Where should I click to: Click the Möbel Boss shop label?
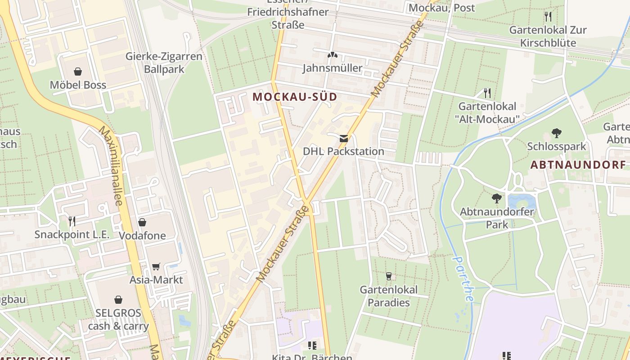78,85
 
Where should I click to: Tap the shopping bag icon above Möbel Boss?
78,72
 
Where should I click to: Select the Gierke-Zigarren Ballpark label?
164,63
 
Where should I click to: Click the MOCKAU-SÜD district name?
295,97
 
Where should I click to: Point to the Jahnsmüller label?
332,68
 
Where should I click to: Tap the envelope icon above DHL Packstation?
344,139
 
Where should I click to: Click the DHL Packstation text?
343,151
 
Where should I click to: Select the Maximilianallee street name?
111,166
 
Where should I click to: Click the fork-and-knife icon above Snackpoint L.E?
72,221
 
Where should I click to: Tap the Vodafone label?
142,236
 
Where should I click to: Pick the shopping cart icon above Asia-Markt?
156,266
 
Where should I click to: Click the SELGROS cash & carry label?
118,319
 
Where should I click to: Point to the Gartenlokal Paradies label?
389,296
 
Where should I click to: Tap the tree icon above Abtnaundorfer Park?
497,198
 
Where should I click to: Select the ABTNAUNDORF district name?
578,165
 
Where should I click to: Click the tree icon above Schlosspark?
557,133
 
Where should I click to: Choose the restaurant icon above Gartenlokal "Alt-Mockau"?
487,93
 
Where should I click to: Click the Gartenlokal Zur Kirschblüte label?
548,36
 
